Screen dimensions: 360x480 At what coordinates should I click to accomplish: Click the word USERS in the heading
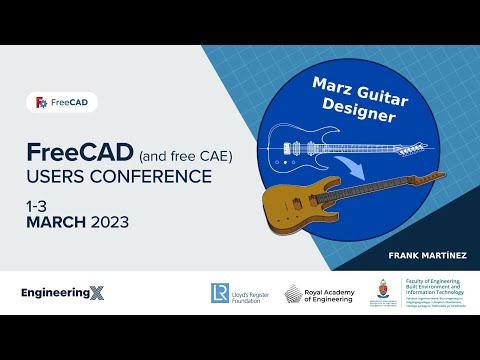coord(61,177)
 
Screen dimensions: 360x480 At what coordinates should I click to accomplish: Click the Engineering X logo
coord(61,293)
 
